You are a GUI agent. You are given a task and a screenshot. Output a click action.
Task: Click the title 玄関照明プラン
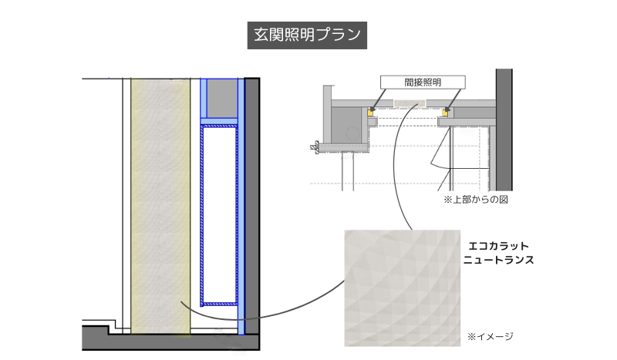[x=306, y=35]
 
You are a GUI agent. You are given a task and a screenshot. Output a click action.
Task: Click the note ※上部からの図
[x=474, y=200]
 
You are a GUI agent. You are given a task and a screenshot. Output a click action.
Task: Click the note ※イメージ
[x=491, y=337]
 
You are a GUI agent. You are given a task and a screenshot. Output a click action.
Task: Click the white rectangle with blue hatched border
[x=219, y=216]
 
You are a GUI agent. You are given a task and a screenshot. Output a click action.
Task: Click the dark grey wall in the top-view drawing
[x=504, y=131]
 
